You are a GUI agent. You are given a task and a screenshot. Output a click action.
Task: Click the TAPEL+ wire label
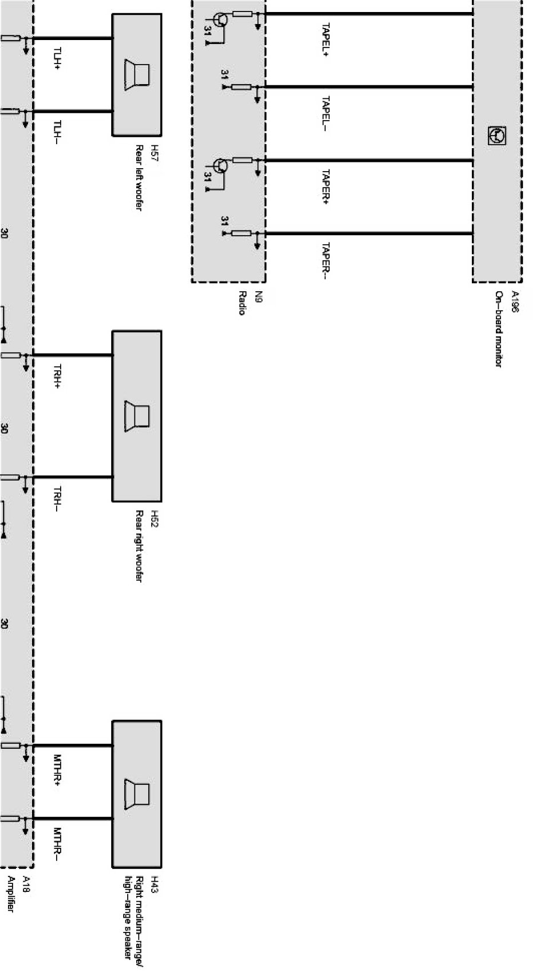325,40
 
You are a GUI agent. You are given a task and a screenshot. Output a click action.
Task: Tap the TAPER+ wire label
325,187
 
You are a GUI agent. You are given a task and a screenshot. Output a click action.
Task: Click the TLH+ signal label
57,59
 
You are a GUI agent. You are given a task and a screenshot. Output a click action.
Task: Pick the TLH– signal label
57,132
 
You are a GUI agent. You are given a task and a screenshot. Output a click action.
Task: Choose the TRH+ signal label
57,376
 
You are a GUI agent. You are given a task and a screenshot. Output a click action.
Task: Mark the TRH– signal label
57,498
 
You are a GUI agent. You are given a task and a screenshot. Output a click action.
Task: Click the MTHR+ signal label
57,769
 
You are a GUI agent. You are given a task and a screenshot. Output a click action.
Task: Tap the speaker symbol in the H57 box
137,74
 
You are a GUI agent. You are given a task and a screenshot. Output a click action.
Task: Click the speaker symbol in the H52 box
137,416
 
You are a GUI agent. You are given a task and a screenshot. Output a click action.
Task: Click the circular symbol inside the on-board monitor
496,136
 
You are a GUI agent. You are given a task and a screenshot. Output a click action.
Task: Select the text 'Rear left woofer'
139,177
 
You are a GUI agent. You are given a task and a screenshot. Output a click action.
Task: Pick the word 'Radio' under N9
243,303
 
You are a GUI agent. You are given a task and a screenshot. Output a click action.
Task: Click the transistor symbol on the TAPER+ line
220,166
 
